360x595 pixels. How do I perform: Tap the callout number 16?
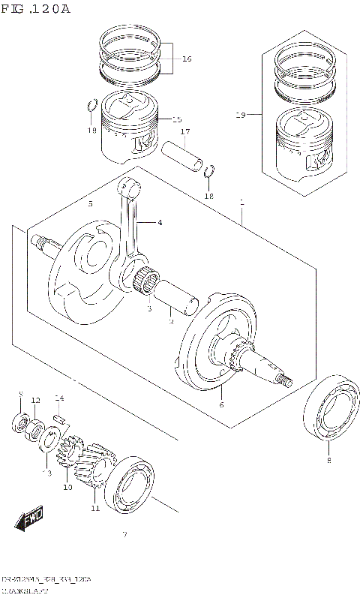(x=186, y=59)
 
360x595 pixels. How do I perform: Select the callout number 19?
(x=240, y=115)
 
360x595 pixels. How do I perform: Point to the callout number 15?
(x=176, y=119)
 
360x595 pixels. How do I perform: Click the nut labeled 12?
(x=35, y=428)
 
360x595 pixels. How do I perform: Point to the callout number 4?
(x=159, y=222)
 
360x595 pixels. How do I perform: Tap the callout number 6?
(x=221, y=405)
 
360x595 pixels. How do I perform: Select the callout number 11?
(x=95, y=508)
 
